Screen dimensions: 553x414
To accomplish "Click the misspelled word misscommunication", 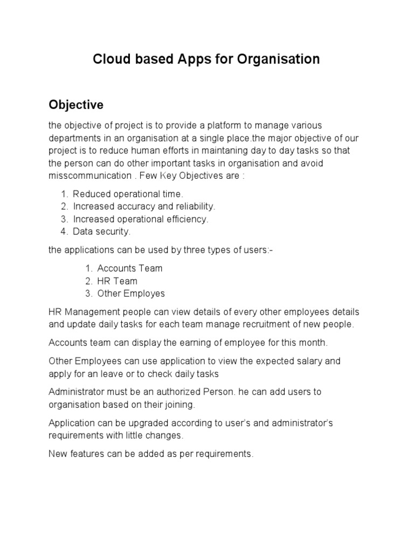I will (x=89, y=176).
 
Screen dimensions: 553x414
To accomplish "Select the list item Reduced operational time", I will (x=128, y=194).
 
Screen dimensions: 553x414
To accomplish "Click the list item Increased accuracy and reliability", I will (x=144, y=206).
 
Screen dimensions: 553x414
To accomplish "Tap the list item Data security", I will (x=102, y=231).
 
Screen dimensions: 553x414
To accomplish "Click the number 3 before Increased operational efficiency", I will (x=64, y=219).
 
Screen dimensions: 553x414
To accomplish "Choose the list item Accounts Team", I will (x=130, y=268).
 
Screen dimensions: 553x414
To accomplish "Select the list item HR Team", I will (x=118, y=281).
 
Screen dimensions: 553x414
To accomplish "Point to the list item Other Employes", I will (x=131, y=293).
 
